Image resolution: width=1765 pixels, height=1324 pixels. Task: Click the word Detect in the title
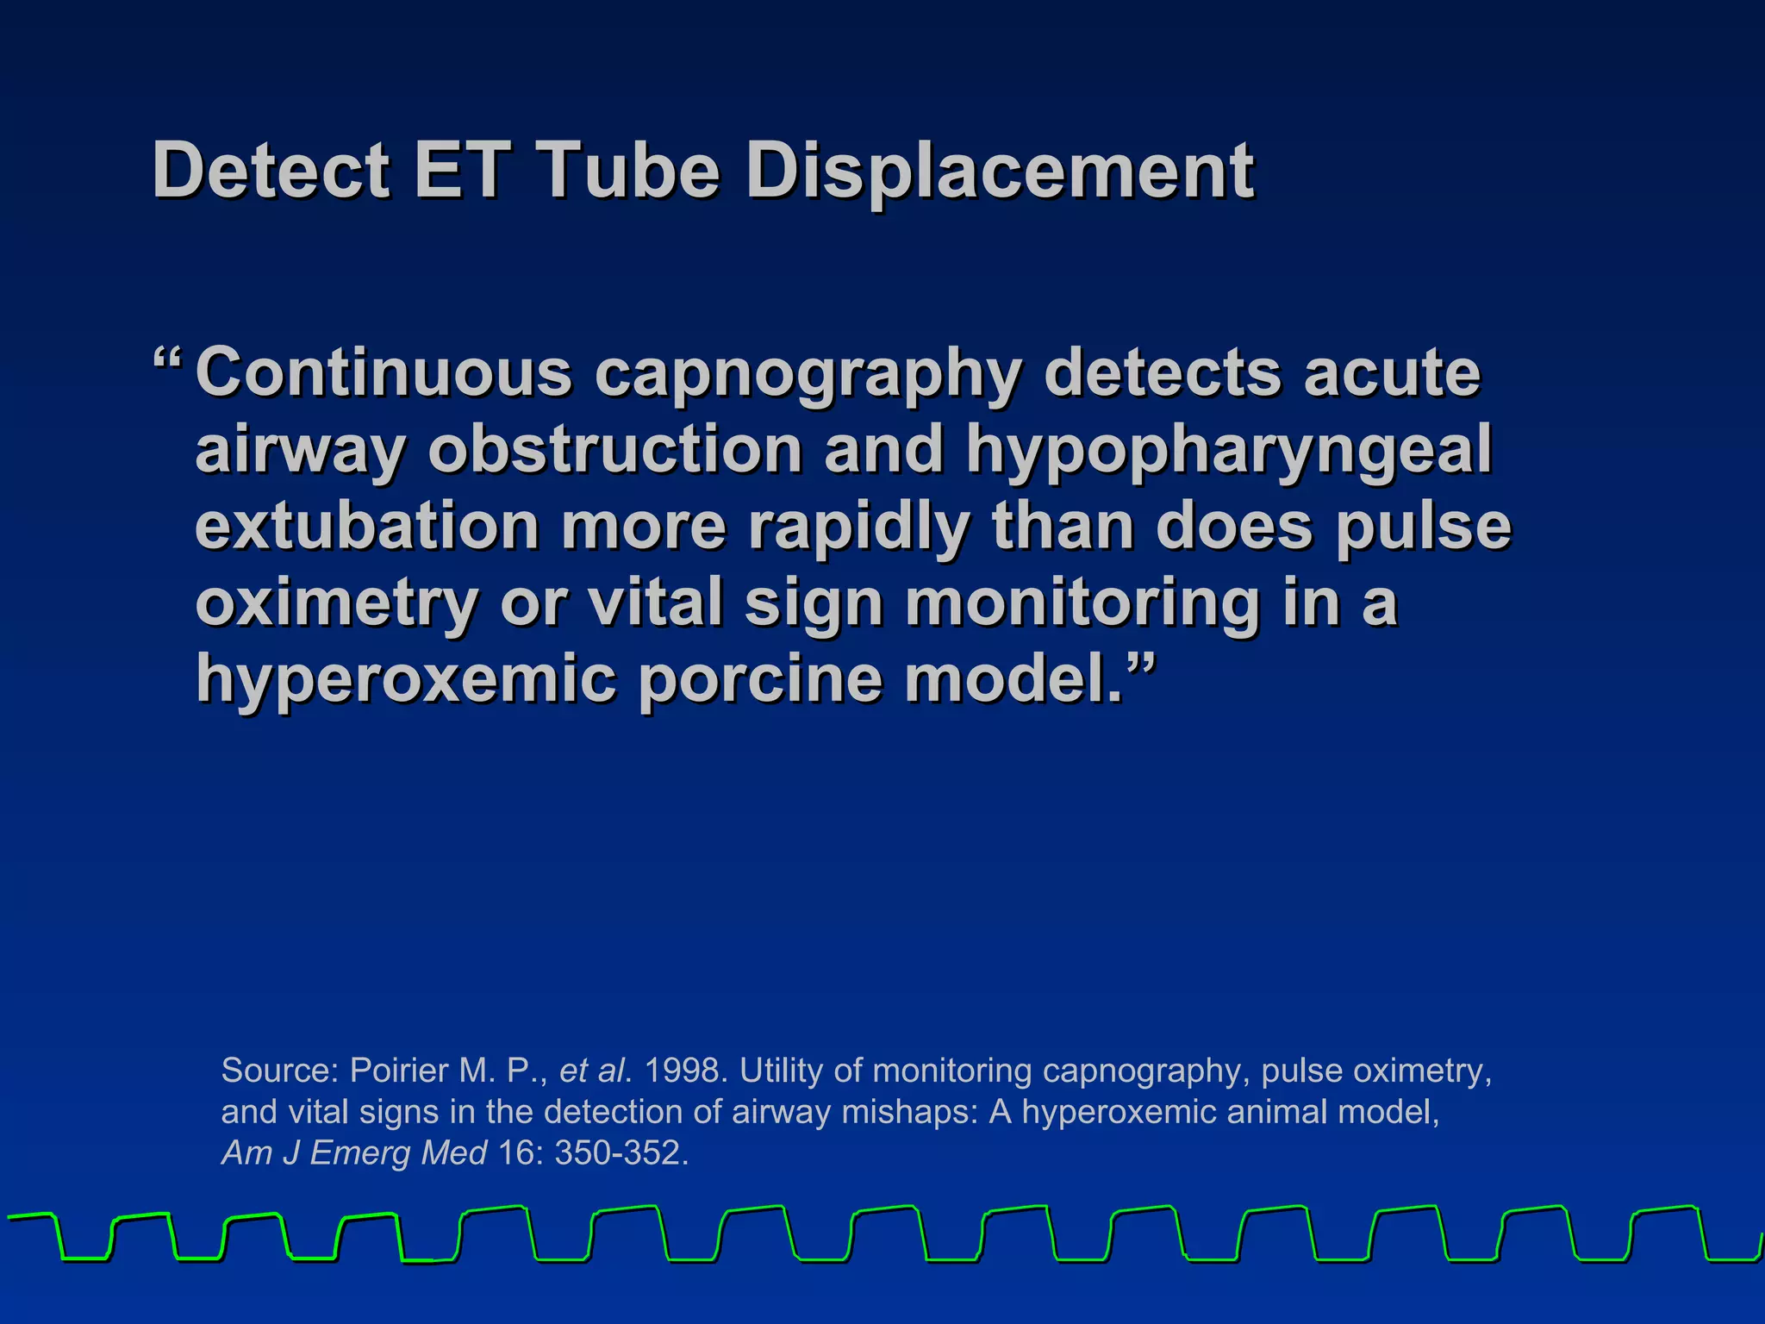(x=271, y=171)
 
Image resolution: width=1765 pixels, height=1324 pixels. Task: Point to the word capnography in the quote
(x=808, y=374)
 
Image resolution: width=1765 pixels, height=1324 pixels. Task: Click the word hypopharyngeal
(x=1228, y=451)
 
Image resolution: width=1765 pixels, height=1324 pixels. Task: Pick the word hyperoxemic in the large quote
(x=406, y=679)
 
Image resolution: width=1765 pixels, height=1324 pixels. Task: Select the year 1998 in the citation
(x=685, y=1071)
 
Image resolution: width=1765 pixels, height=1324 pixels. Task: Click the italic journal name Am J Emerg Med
(x=354, y=1153)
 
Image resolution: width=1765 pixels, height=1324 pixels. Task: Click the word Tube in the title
(x=627, y=171)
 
